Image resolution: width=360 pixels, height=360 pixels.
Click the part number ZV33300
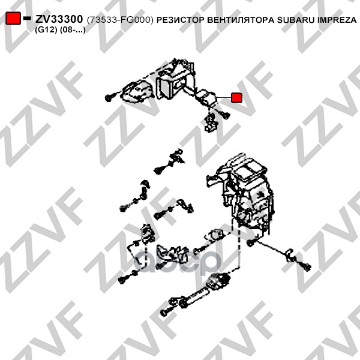pos(59,19)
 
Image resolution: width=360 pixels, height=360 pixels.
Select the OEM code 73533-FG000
pos(120,20)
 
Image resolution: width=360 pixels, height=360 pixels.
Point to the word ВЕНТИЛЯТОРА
pos(241,20)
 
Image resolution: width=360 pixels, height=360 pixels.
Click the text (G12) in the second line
pos(46,30)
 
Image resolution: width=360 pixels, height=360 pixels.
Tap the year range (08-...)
pos(73,30)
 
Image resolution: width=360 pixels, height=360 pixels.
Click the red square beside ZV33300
pos(13,18)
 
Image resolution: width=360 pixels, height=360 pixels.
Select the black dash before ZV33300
pos(27,18)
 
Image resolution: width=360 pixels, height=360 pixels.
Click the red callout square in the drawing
pos(236,98)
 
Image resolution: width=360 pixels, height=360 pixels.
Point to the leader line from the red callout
pos(223,98)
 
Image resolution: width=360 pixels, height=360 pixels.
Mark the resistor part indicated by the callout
pos(206,97)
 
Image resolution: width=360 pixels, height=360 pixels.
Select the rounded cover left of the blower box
pos(136,91)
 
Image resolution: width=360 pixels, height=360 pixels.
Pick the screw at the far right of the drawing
pos(307,266)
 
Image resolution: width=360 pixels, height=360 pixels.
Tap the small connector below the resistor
pos(211,123)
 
